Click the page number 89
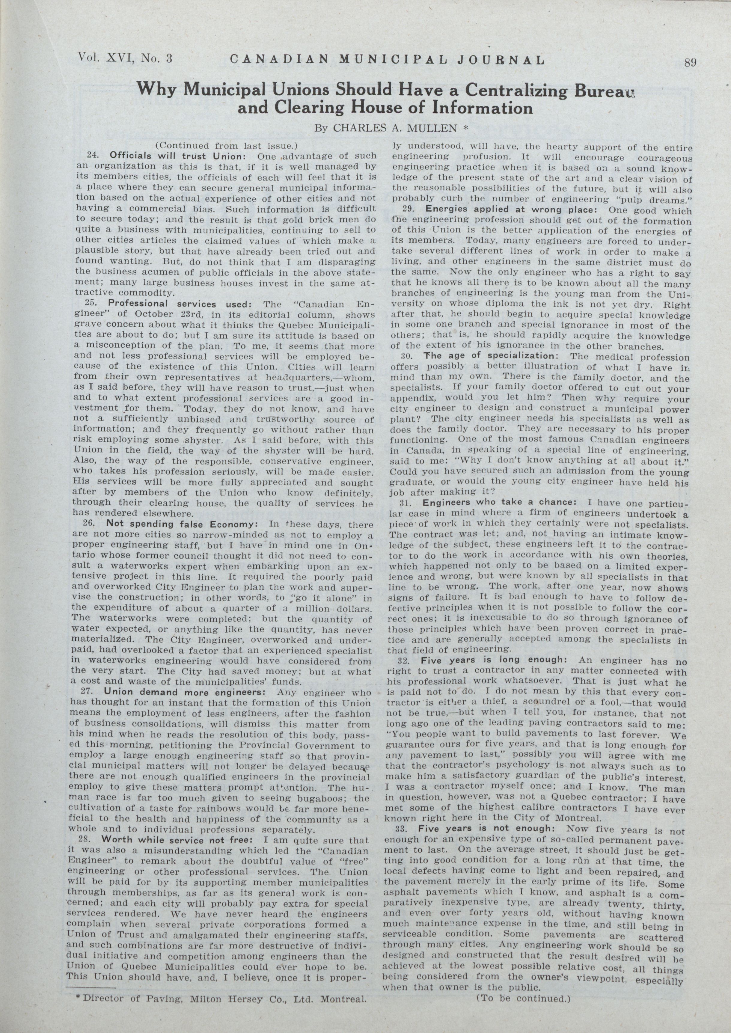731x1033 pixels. coord(690,63)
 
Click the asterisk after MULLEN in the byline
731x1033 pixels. coord(466,128)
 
